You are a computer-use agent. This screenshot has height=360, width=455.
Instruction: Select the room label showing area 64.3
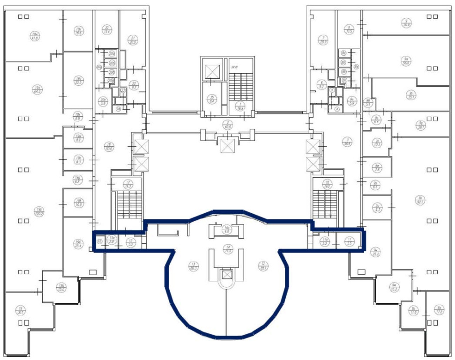tap(35, 89)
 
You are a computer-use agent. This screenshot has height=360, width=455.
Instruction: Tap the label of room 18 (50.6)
tap(109, 146)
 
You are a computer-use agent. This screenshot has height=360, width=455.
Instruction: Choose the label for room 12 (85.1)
tap(263, 266)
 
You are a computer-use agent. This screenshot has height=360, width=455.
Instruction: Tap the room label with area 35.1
tap(410, 95)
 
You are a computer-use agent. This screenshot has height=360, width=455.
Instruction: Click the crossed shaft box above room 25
tap(212, 72)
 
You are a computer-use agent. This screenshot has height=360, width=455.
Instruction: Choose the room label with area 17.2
tap(439, 309)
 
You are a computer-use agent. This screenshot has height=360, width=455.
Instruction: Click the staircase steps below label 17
tap(129, 204)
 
